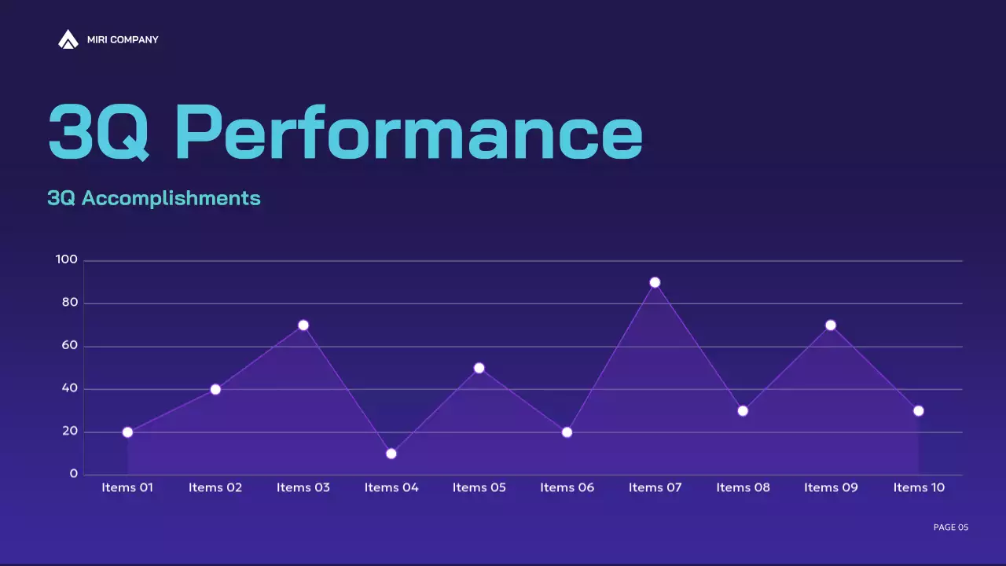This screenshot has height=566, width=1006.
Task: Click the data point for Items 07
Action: tap(655, 282)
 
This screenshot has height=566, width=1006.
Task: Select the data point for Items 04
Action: tap(391, 454)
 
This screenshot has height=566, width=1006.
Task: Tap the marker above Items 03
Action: tap(303, 325)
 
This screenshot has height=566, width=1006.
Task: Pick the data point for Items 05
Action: tap(479, 368)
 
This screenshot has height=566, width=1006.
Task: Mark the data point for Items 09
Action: tap(831, 325)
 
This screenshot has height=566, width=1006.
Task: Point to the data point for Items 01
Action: tap(127, 432)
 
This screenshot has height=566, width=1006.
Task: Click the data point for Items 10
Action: tap(919, 411)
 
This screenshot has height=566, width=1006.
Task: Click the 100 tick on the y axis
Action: tap(67, 260)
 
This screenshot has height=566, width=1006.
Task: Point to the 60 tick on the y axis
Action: tap(70, 346)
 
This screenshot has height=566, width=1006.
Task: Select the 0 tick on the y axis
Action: tap(74, 474)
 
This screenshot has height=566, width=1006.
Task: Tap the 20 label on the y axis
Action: tap(70, 432)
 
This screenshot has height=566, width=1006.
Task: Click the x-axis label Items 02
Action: tap(215, 488)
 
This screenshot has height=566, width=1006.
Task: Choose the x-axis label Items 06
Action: tap(567, 488)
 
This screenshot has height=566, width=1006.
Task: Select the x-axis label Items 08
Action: tap(743, 488)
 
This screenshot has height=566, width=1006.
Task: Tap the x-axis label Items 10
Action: tap(919, 488)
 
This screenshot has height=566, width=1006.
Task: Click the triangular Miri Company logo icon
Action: tap(68, 39)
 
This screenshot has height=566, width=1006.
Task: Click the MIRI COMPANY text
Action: tap(123, 40)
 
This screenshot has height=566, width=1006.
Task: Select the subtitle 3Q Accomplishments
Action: tap(154, 198)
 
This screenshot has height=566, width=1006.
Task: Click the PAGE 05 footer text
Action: tap(950, 527)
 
